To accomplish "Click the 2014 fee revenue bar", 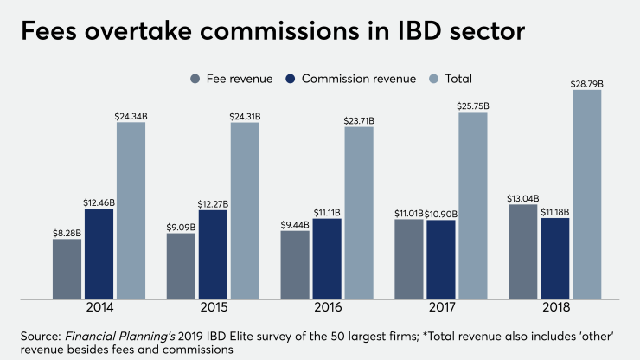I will (67, 269).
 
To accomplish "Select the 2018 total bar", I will (586, 195).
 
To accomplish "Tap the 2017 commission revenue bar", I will (441, 259).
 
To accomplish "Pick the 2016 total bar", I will (359, 213).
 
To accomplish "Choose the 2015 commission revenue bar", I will (213, 254).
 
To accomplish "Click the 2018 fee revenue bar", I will (522, 252).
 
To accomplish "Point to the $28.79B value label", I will (586, 83).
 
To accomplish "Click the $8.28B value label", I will (67, 232).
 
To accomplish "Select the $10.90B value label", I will (441, 213).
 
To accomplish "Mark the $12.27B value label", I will (213, 203).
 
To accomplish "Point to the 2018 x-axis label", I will (554, 307).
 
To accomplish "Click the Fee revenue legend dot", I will (195, 79).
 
